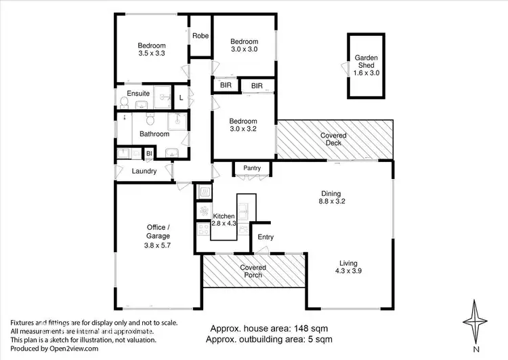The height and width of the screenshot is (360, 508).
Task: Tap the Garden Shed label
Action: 366,64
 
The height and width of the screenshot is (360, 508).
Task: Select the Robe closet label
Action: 200,36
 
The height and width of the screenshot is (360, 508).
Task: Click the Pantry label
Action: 252,167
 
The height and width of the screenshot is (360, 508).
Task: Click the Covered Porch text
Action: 253,271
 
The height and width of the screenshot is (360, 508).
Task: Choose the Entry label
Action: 266,237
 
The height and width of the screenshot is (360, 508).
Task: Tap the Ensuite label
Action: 138,93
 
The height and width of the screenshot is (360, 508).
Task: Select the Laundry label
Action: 144,172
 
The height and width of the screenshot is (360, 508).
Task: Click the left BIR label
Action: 226,86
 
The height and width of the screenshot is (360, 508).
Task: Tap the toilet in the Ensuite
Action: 124,102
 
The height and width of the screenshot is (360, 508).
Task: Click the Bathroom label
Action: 154,134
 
